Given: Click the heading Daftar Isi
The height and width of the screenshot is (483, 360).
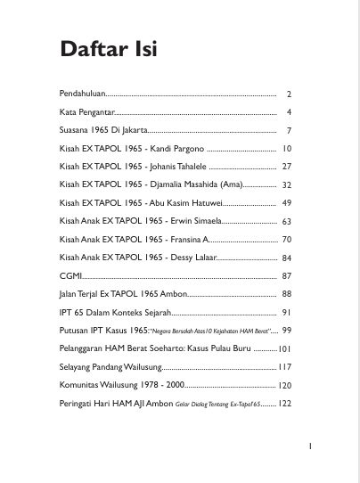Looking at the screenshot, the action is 109,49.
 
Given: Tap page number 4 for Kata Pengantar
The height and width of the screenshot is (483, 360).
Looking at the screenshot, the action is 290,112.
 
